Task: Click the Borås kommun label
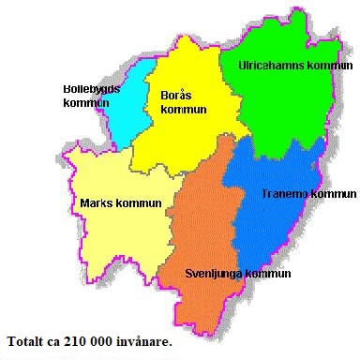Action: click(x=184, y=102)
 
